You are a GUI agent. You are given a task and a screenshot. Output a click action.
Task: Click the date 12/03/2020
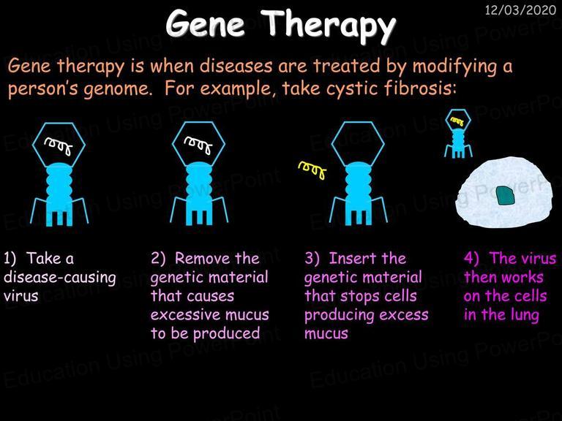click(520, 10)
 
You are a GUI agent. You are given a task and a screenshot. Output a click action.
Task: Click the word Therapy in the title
click(328, 24)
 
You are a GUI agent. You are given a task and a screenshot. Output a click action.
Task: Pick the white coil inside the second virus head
click(198, 145)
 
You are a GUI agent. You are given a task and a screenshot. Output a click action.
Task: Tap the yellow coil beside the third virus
click(312, 170)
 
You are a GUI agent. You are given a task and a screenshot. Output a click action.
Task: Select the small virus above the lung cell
click(458, 134)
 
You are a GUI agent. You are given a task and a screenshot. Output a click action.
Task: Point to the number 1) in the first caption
click(10, 259)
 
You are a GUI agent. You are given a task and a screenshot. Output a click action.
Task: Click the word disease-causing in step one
click(60, 278)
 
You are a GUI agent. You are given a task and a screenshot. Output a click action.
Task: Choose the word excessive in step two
click(181, 315)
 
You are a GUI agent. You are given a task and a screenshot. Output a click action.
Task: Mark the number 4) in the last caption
click(471, 258)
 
